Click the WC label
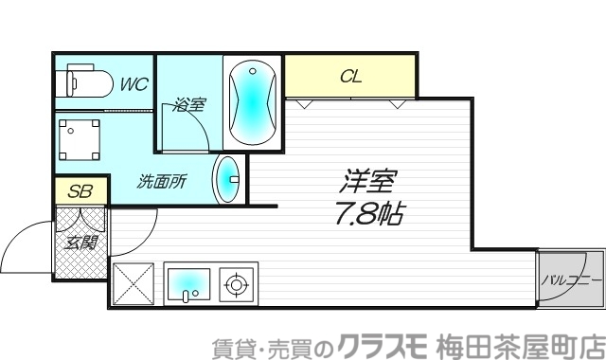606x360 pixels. coord(132,83)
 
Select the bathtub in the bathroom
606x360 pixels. coord(252,99)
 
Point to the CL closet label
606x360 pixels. coord(351,76)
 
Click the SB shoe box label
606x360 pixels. coord(80,190)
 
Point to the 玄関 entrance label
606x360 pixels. coord(80,242)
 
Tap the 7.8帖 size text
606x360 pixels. coord(370,212)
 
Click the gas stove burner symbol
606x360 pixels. coord(235,281)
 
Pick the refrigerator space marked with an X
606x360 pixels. coord(134,282)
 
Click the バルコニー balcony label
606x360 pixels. coord(572,280)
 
